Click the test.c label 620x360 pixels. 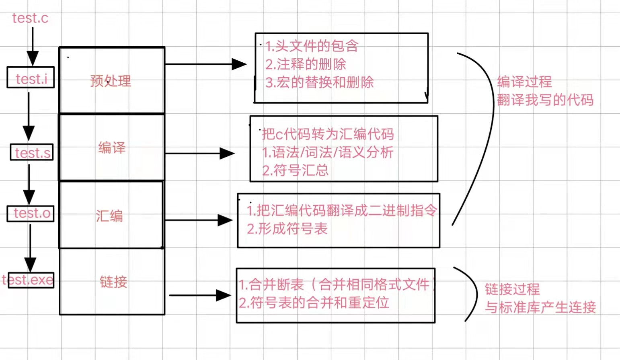click(30, 18)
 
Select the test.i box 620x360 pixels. click(31, 78)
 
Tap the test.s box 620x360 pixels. click(32, 153)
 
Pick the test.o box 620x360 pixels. click(31, 213)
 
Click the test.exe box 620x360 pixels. click(28, 280)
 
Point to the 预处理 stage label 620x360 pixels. click(111, 81)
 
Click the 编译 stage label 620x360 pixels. click(112, 147)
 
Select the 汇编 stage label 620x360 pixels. click(109, 216)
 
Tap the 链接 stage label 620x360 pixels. click(113, 282)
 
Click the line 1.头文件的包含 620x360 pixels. click(312, 46)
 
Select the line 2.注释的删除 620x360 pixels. click(306, 64)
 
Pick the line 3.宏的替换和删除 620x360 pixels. click(319, 82)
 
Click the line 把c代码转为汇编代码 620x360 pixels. click(328, 134)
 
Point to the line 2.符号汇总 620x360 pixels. click(296, 170)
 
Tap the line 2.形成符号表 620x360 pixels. click(287, 229)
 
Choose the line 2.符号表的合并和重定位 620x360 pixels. click(314, 303)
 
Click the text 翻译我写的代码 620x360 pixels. click(545, 100)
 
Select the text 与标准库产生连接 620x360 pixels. click(540, 307)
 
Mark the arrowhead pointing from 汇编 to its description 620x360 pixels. click(225, 220)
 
